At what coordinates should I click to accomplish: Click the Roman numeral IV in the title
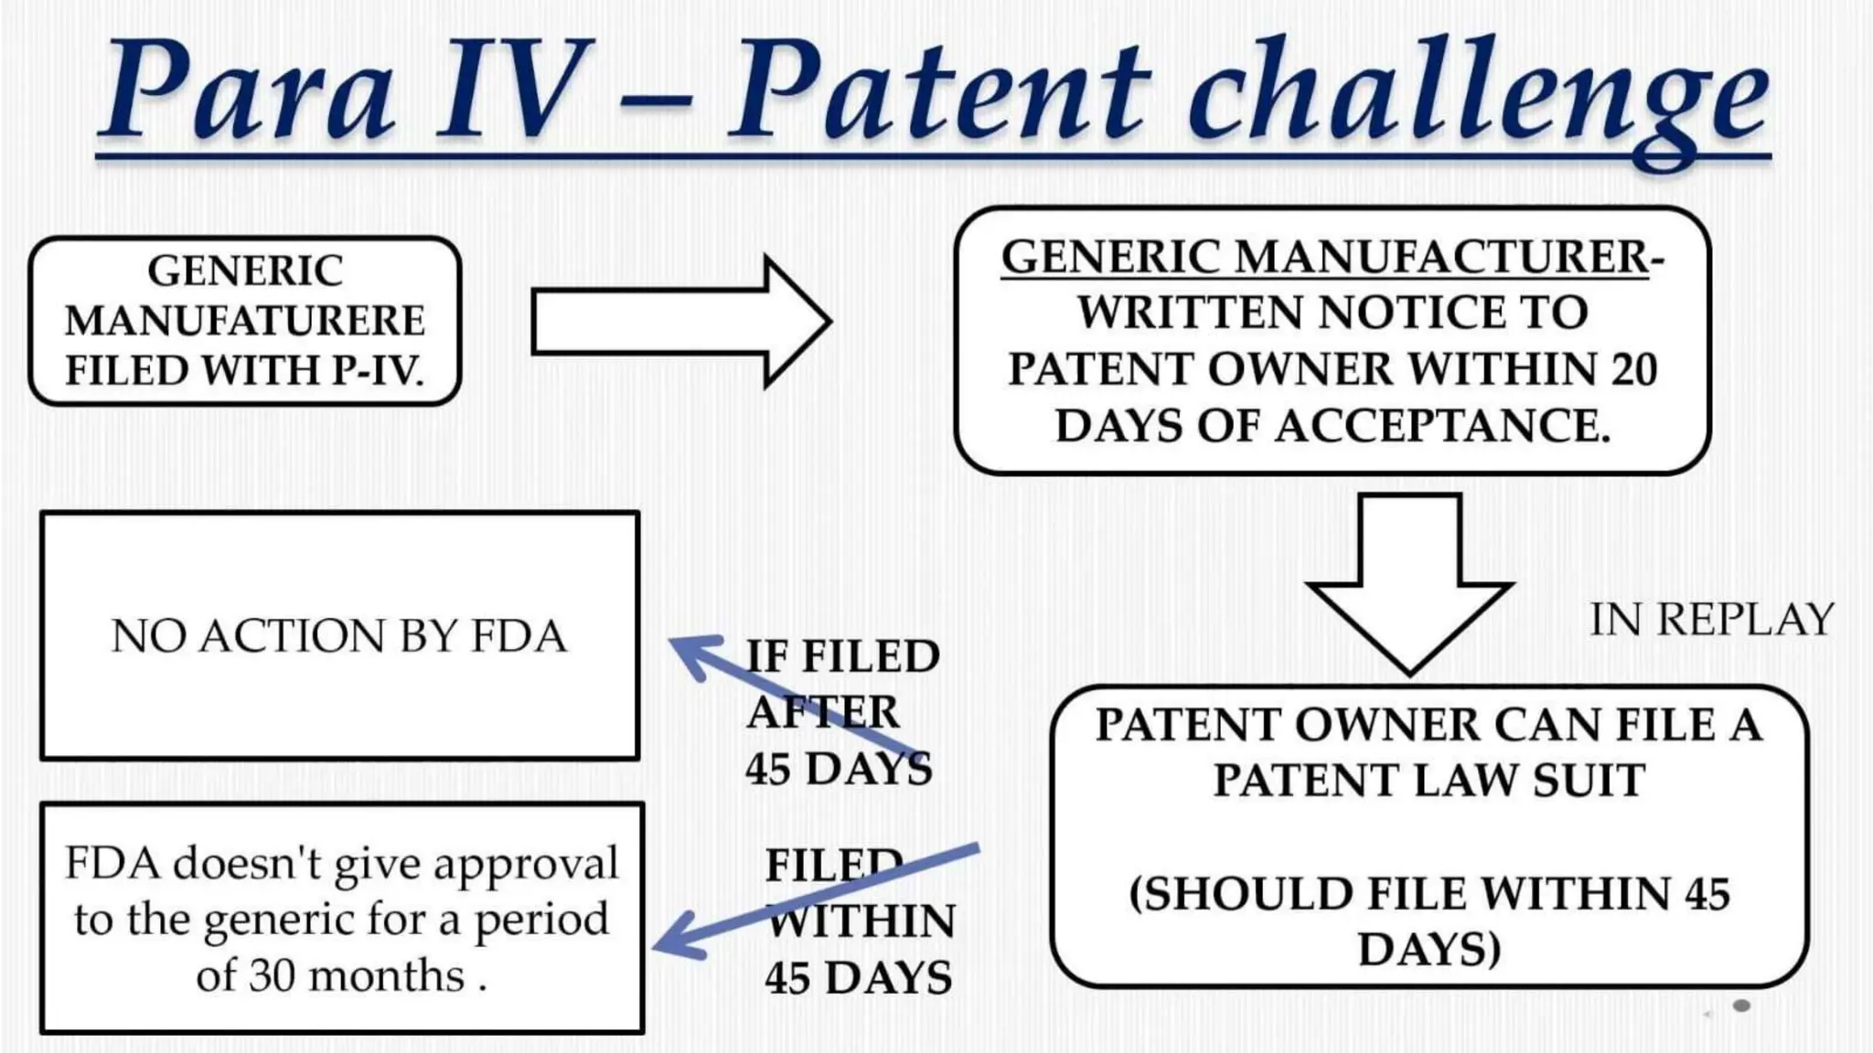(x=508, y=91)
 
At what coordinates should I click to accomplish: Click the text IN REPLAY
(x=1711, y=620)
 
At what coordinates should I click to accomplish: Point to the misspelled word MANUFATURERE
(x=244, y=321)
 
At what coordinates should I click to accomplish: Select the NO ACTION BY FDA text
(x=338, y=636)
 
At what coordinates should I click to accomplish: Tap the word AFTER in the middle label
(x=822, y=712)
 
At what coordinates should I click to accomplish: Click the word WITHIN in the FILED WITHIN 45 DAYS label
(x=861, y=921)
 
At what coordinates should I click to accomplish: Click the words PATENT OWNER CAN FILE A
(x=1428, y=725)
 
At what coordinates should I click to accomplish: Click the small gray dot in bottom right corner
(x=1741, y=1005)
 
